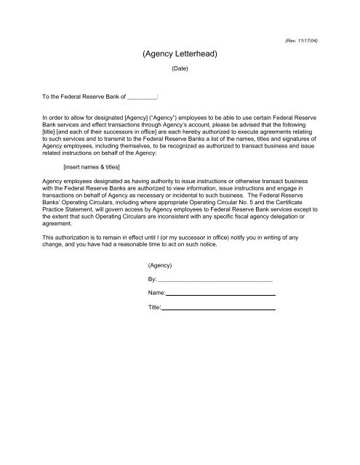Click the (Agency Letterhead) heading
click(x=179, y=54)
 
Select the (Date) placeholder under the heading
click(x=179, y=70)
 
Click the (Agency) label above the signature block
click(x=159, y=266)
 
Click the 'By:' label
click(x=152, y=280)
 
